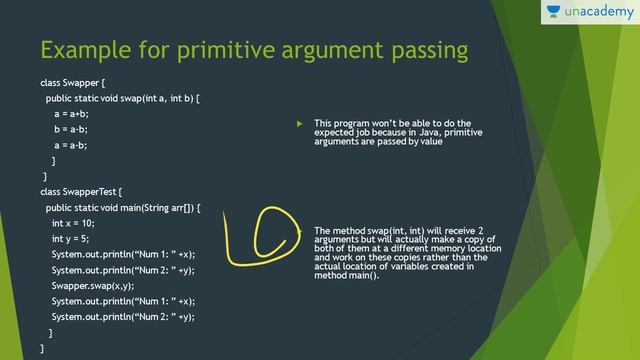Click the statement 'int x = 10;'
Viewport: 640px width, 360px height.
coord(73,223)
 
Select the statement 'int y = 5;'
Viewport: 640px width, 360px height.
coord(70,239)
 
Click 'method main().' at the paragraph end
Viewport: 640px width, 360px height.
coord(347,275)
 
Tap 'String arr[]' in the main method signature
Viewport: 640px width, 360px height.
coord(167,207)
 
